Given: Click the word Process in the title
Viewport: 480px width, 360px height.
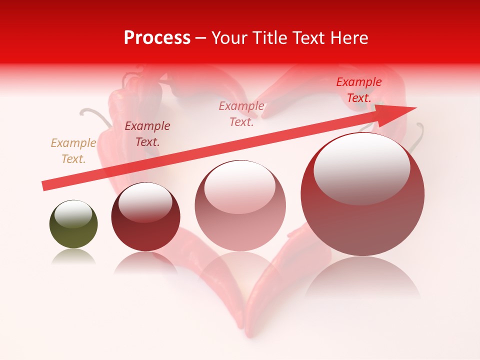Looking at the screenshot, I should coord(157,38).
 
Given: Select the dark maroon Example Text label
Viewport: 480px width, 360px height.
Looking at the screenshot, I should coord(147,134).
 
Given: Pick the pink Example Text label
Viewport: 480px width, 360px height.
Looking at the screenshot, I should coord(241,114).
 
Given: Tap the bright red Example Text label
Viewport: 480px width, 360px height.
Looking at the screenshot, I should coord(359,90).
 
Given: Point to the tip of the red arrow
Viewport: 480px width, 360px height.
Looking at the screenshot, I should coord(416,107).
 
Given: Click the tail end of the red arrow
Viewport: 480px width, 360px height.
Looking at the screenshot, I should coord(44,186).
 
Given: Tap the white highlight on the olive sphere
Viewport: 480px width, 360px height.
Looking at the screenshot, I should coord(73,213).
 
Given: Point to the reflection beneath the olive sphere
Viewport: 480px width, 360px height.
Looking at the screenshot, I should coord(73,256).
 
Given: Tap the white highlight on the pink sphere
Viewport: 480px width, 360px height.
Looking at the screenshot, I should coord(240,187).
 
